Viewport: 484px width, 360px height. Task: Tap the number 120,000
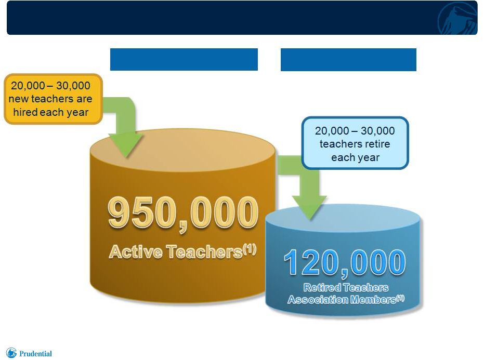pos(345,263)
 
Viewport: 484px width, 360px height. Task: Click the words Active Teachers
pos(176,251)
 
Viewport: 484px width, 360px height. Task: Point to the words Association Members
pos(342,300)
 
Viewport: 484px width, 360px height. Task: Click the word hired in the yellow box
pos(25,112)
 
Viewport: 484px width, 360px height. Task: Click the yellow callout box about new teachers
pos(53,99)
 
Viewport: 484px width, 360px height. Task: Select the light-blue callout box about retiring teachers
pos(355,143)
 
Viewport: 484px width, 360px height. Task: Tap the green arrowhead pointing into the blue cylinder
pos(310,207)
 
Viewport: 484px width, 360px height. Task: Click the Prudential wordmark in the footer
pos(35,354)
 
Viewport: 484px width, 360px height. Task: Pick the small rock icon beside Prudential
pos(11,353)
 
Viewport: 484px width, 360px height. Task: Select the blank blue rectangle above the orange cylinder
pos(184,60)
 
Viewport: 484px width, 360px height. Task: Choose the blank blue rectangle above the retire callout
pos(348,60)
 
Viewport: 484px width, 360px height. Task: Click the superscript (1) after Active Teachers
pos(250,249)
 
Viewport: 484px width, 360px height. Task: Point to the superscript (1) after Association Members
pos(400,298)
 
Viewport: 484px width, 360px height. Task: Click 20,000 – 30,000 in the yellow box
pos(50,85)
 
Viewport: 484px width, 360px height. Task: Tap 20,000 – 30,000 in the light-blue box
pos(355,130)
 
